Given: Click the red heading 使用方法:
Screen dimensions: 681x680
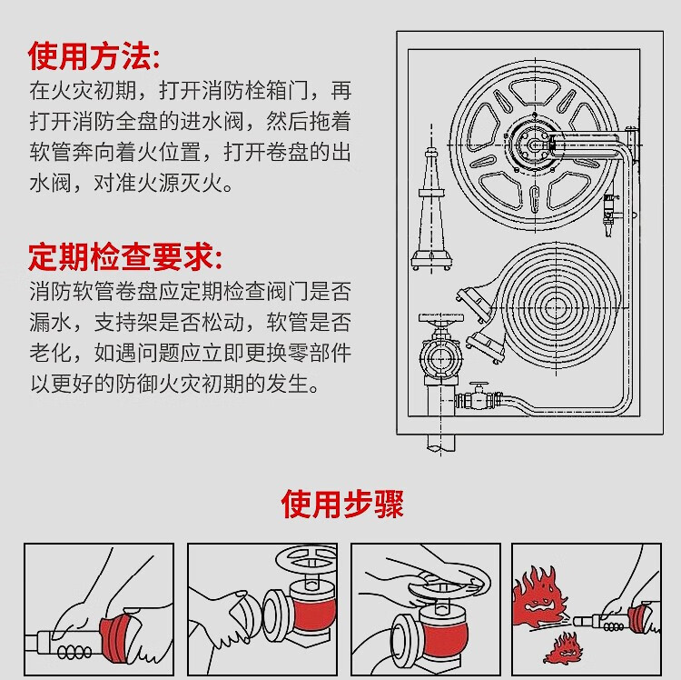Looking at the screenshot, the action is (94, 56).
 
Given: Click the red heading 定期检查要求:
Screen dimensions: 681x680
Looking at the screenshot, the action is (125, 257).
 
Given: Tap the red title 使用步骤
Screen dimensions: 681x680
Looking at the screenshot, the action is (341, 503).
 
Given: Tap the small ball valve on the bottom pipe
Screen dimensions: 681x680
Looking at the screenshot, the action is (476, 396).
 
